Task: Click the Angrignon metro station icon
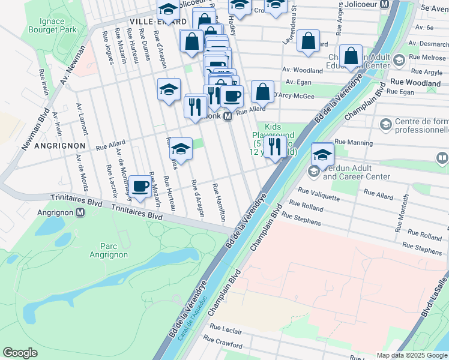[80, 213]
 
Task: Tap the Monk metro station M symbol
[228, 118]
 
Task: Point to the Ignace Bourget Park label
[61, 25]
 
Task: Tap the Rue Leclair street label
[225, 331]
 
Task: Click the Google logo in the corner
[20, 353]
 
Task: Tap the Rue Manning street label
[354, 143]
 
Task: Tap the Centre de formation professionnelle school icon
[385, 123]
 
